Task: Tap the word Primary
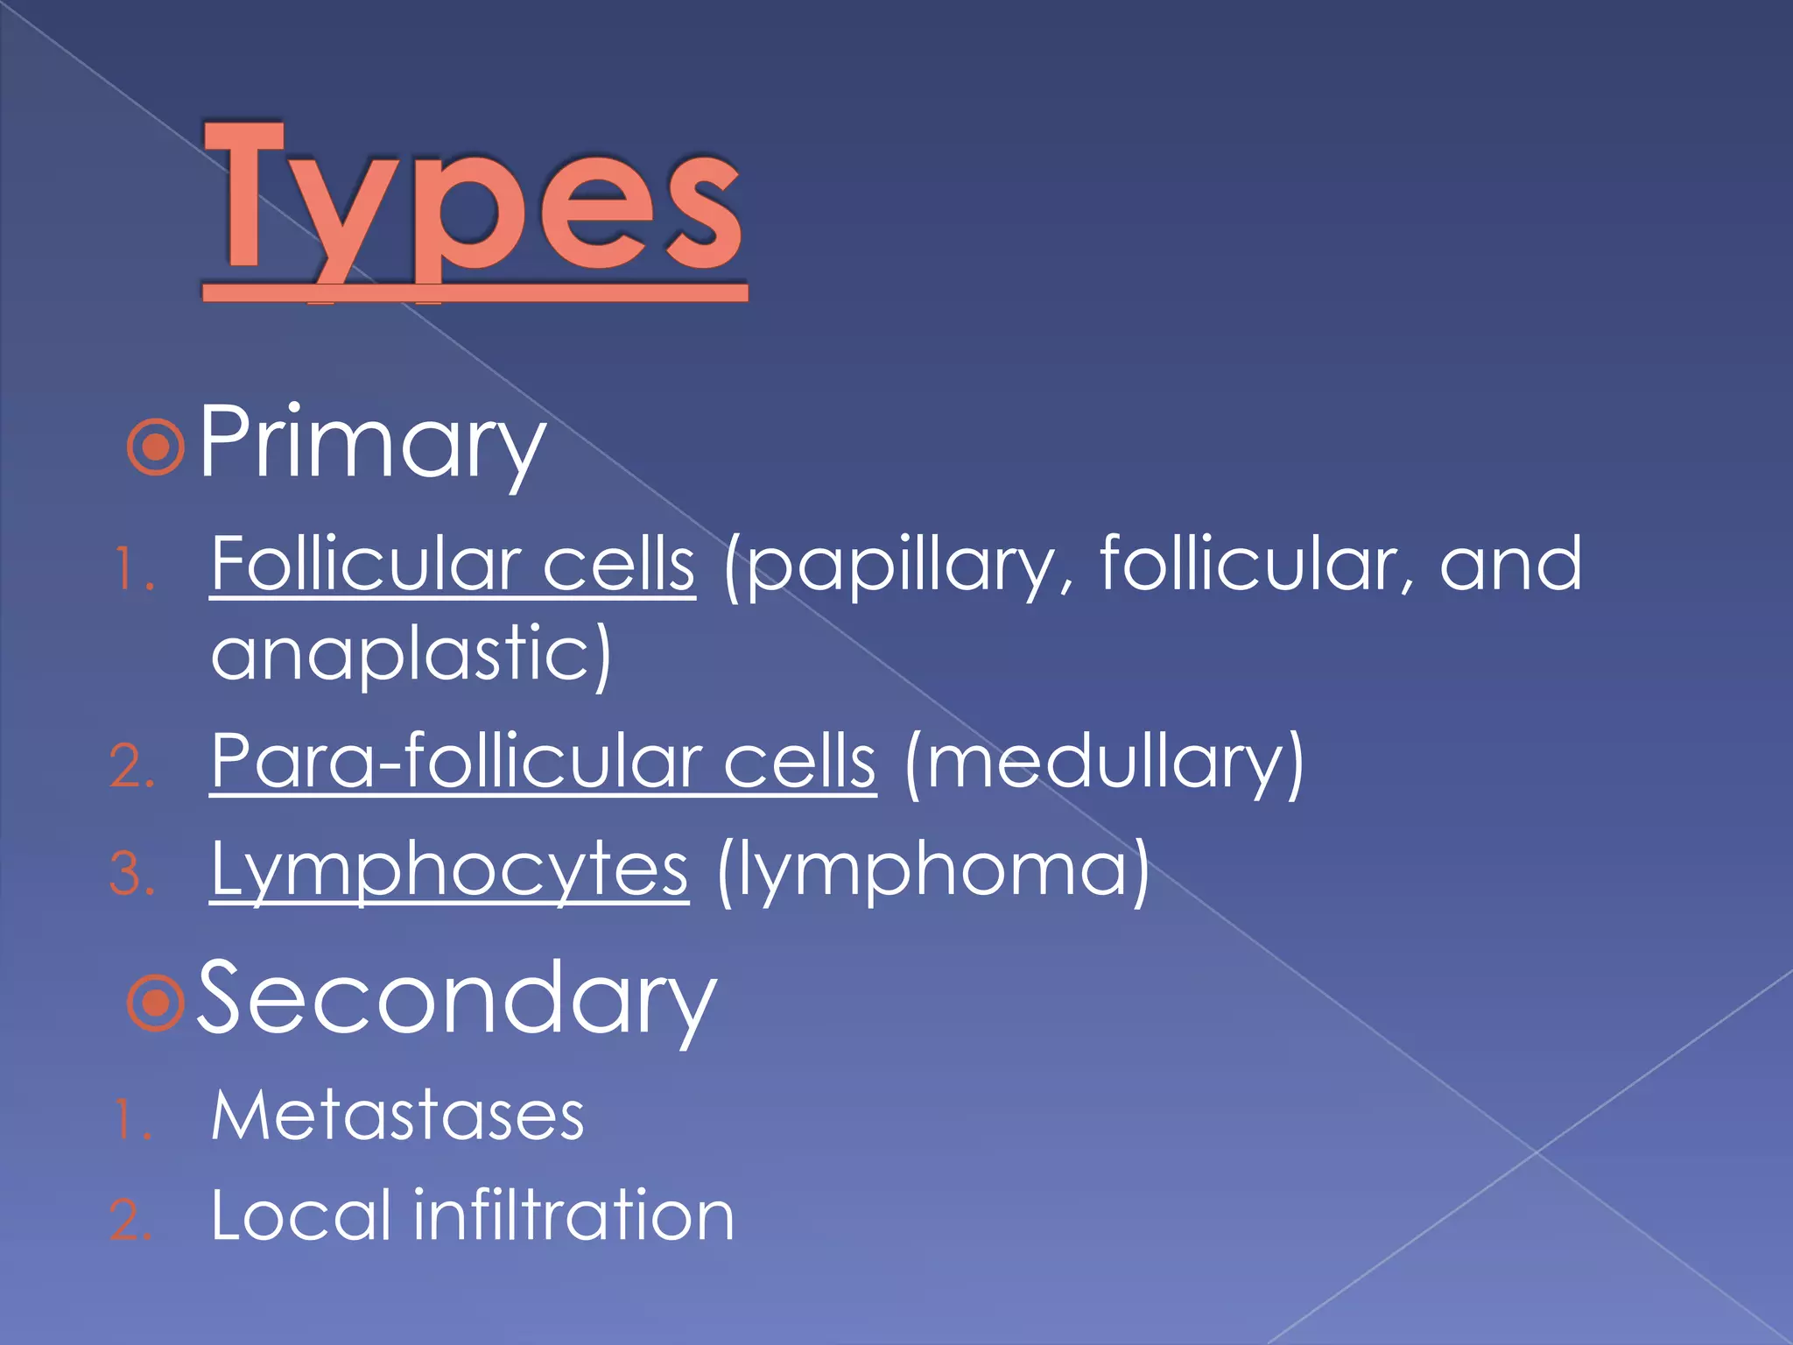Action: coord(372,444)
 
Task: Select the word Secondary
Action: coord(456,1000)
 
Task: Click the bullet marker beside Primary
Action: coord(156,447)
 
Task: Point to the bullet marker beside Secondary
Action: coord(156,1003)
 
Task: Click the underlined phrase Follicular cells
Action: coord(453,565)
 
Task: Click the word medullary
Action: coord(1105,762)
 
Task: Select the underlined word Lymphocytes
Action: coord(449,870)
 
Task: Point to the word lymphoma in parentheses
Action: coord(933,870)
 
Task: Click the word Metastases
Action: coord(397,1116)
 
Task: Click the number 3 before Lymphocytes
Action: coord(130,875)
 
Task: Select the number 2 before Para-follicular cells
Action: coord(130,766)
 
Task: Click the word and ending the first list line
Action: coord(1511,565)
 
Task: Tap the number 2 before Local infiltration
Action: coord(130,1221)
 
